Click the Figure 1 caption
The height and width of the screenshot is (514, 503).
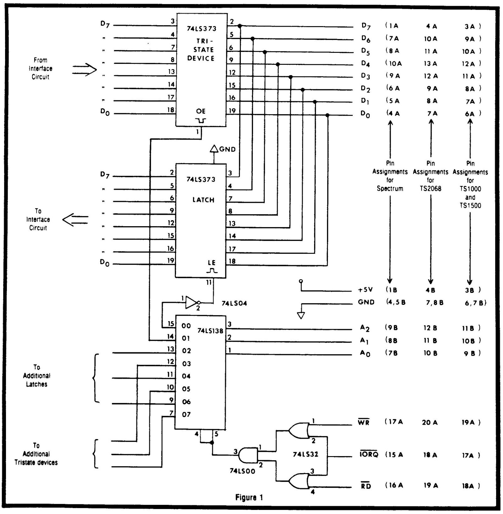(249, 497)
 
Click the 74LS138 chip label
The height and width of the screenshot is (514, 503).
(210, 331)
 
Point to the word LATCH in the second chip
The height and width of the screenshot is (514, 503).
(203, 200)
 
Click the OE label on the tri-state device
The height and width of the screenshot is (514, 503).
(201, 111)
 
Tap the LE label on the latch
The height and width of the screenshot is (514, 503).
(212, 263)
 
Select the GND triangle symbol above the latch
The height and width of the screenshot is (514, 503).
(214, 148)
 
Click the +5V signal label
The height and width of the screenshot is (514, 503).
(365, 290)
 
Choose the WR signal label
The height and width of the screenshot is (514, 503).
(364, 422)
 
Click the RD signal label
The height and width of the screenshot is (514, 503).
(366, 486)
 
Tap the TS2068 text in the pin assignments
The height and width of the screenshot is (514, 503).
(430, 189)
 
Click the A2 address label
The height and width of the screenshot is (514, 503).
(365, 328)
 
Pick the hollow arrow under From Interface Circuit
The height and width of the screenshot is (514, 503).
(84, 70)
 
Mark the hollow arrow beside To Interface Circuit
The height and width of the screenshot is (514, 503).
(75, 219)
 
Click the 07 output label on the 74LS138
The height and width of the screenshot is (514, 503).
(186, 414)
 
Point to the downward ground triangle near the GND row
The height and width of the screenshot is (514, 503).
(301, 315)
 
